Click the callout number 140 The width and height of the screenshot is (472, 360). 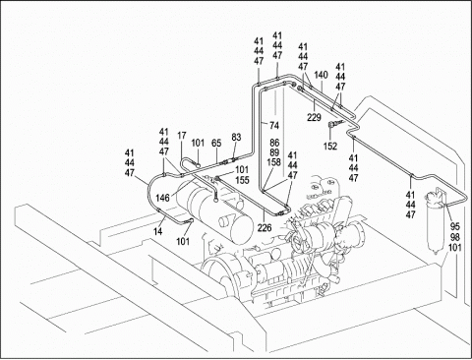click(x=321, y=75)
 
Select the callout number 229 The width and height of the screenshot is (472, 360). click(x=314, y=117)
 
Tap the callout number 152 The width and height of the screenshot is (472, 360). click(x=330, y=147)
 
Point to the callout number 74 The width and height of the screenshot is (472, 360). click(x=274, y=125)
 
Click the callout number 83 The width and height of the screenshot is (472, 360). click(x=236, y=137)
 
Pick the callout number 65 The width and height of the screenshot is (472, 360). click(x=216, y=144)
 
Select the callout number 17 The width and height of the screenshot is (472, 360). click(x=182, y=136)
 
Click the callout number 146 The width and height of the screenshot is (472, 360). click(x=162, y=198)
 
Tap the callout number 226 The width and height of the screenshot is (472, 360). click(x=265, y=227)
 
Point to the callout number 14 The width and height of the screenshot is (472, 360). click(x=158, y=231)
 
